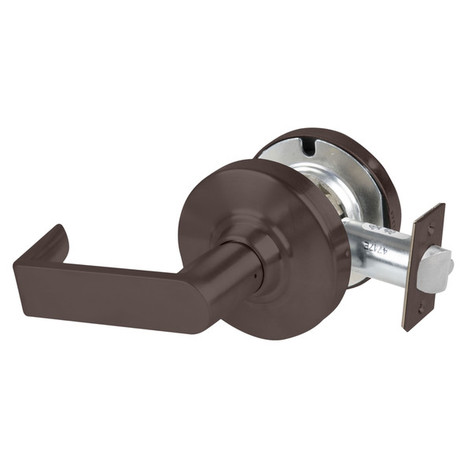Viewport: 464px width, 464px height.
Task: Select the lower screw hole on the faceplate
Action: [418, 304]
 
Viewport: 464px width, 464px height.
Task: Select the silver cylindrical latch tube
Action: [385, 248]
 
